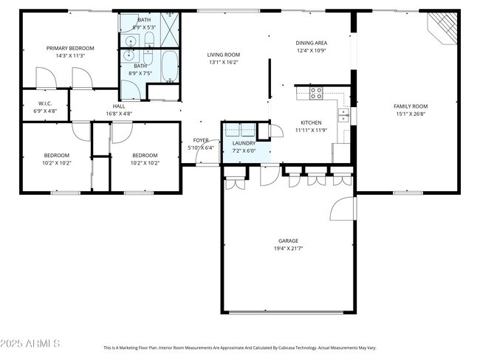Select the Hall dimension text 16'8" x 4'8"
[119, 114]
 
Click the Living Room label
[223, 54]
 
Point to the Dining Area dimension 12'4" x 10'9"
[311, 51]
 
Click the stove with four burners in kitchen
[316, 93]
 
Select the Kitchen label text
[310, 122]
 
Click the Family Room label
[411, 106]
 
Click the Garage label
[288, 240]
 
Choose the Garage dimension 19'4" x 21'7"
[288, 249]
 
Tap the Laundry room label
[244, 142]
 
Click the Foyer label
[201, 139]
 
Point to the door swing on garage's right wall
[343, 209]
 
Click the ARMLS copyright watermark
[31, 345]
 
